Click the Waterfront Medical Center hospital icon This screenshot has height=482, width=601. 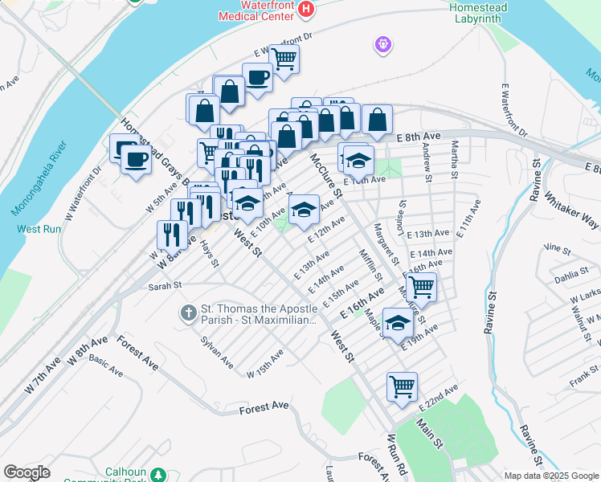point(305,9)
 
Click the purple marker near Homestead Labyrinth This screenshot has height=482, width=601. point(383,44)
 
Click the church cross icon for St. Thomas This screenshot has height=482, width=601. point(188,312)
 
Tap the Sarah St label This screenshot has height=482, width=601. point(166,285)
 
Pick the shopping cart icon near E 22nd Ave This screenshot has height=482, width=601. point(402,386)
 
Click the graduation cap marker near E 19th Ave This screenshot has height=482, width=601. point(398,323)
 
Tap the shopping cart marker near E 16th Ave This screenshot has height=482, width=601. point(421,285)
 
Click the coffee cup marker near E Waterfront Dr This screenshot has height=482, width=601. point(257,77)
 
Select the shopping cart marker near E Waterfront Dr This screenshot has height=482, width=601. point(284,58)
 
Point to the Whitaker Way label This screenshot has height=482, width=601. point(570,210)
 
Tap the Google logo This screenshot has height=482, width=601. point(27,472)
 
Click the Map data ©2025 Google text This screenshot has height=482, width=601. point(550,476)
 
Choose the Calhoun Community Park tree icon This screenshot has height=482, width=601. point(159,474)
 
